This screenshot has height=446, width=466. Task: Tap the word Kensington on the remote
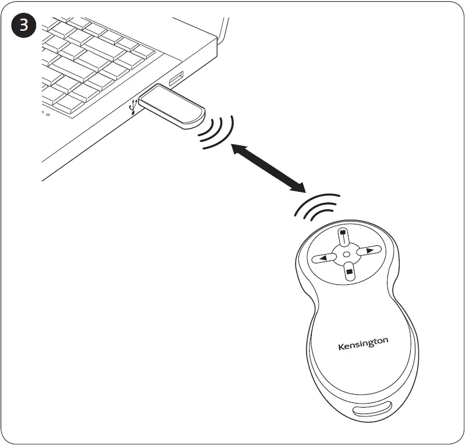tap(362, 344)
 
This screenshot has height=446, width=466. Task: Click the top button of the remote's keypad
tap(343, 238)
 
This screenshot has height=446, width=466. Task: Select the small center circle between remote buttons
tap(346, 255)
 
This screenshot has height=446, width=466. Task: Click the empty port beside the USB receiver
tap(176, 78)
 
